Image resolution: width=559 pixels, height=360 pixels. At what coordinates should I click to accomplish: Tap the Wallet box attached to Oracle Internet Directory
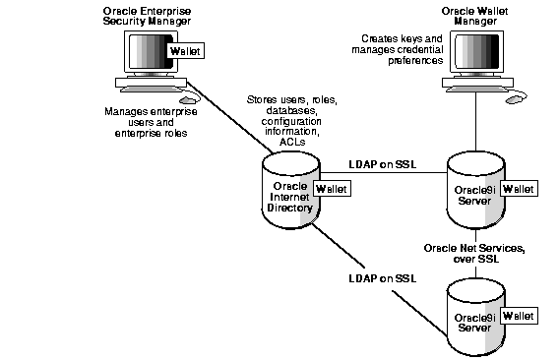329,187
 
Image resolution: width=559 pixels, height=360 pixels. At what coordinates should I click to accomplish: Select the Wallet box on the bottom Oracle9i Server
520,316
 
